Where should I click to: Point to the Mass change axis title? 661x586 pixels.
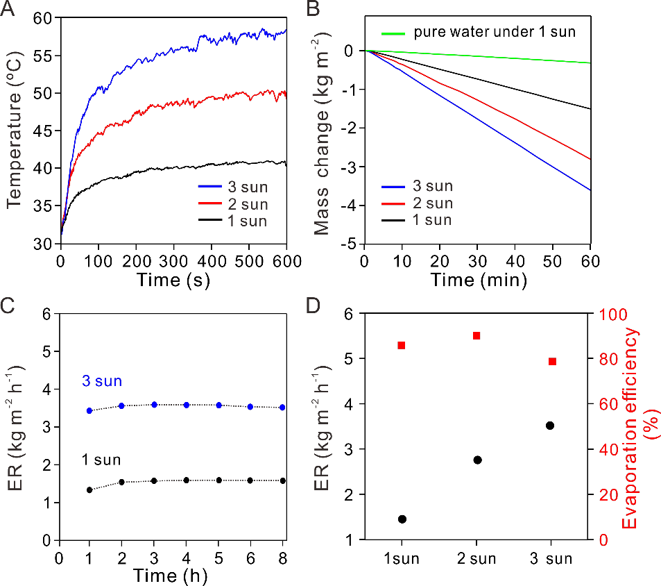(320, 135)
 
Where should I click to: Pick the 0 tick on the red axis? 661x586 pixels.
(603, 540)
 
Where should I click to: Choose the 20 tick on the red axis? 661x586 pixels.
(608, 495)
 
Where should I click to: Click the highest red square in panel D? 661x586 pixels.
(477, 336)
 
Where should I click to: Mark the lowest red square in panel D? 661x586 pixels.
(552, 362)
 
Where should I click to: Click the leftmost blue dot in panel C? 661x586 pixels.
(89, 410)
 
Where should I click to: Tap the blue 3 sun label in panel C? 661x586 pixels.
(102, 380)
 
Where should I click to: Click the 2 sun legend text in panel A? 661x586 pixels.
(248, 204)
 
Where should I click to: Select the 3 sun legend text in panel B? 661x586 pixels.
(433, 186)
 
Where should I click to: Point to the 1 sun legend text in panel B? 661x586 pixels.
(432, 220)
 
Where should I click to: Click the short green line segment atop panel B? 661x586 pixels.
(393, 33)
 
